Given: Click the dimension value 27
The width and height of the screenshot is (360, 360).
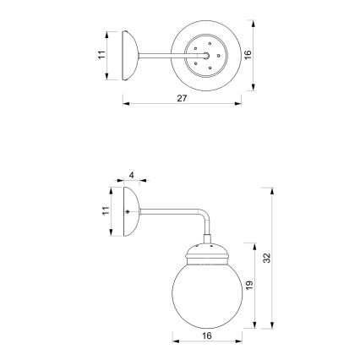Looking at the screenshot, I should pos(182,99).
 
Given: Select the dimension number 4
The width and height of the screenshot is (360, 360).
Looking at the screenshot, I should pos(133,176).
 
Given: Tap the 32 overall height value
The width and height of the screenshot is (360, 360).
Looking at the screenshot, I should pos(267,258).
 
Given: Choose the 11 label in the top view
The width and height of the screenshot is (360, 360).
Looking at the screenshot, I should pos(101,55).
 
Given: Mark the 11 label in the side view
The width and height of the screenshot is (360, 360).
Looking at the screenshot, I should pos(106,211).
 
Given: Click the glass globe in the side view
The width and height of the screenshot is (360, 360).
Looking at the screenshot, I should pos(206,292).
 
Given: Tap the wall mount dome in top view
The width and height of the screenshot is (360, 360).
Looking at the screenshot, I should pos(131,56).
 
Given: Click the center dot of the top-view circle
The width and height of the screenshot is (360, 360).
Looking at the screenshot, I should pos(206,56).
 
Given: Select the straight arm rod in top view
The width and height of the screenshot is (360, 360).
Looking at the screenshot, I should pos(156,56).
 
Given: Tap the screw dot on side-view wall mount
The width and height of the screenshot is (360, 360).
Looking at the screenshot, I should pos(128,211).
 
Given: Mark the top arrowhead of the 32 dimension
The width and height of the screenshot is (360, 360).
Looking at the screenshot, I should pos(272,193).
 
